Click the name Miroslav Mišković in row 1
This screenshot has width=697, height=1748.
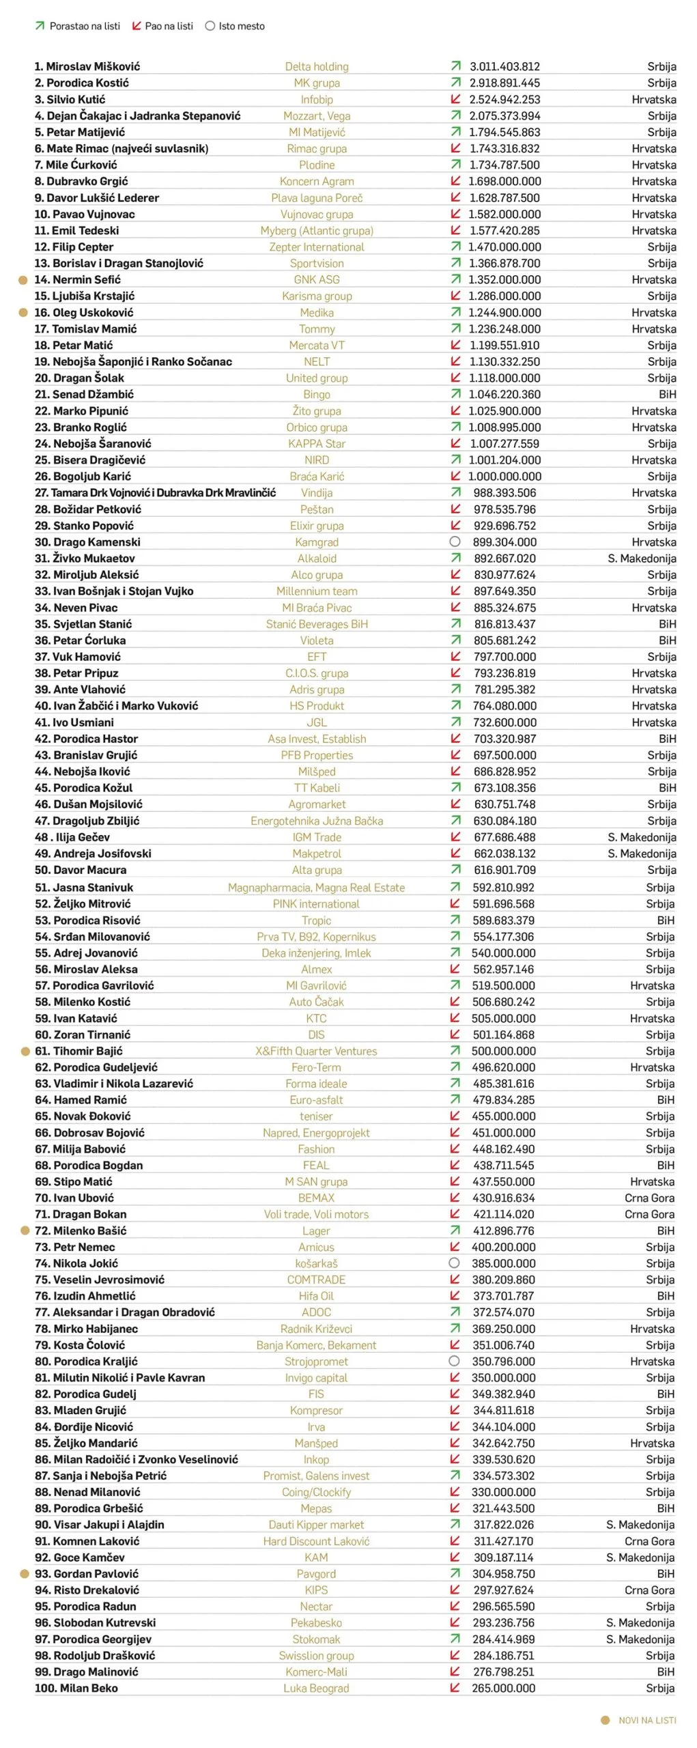click(x=87, y=66)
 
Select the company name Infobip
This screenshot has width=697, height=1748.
click(x=317, y=99)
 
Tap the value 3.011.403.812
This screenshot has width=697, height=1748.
click(x=504, y=66)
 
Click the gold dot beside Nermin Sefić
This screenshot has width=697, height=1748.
click(x=23, y=280)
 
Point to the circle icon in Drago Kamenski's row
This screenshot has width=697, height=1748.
click(x=455, y=541)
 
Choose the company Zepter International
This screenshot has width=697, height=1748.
click(x=317, y=246)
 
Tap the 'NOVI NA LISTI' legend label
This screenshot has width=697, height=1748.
click(x=646, y=1720)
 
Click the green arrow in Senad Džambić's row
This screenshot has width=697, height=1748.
click(x=455, y=394)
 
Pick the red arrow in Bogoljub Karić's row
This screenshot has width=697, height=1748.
click(x=455, y=476)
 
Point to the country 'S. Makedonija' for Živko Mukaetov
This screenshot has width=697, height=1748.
click(x=642, y=558)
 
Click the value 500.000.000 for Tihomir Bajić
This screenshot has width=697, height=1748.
click(x=504, y=1051)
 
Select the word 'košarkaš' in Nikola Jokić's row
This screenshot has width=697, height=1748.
click(x=317, y=1263)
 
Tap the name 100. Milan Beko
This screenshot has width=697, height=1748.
click(x=76, y=1688)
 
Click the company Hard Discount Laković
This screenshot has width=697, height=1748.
click(x=317, y=1541)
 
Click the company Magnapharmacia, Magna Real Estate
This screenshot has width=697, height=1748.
click(x=317, y=888)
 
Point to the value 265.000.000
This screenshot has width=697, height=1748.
click(x=504, y=1688)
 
